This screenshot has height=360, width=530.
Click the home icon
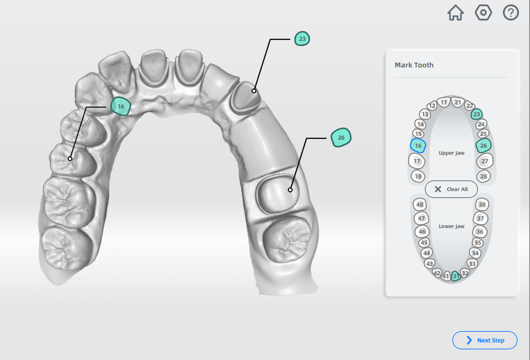coord(456,13)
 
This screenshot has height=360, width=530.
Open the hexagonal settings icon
coord(483,13)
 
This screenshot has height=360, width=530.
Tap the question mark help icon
coord(511,13)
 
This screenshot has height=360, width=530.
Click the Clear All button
coord(451,189)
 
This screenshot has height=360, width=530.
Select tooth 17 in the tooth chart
coord(417,161)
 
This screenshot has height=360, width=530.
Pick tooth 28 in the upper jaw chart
coord(484,176)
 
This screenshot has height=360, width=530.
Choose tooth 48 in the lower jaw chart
coord(420,205)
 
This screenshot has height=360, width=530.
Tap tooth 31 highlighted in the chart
coord(456,276)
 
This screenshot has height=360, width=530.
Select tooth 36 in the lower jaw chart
coord(480,232)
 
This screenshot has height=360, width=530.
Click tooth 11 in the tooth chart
coord(444,102)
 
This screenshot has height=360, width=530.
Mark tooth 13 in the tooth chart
coord(425,114)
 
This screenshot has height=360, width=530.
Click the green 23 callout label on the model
coord(302,39)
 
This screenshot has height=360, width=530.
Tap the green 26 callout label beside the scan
coord(341,137)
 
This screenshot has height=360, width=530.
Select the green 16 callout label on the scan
coord(121,106)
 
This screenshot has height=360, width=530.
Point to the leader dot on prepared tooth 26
coord(290,190)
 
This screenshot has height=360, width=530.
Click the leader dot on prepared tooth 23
coord(254,91)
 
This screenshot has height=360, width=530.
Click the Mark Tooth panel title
coord(414,65)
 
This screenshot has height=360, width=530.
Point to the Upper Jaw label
coord(451,153)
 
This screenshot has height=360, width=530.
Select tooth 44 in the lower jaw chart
coord(427,253)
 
